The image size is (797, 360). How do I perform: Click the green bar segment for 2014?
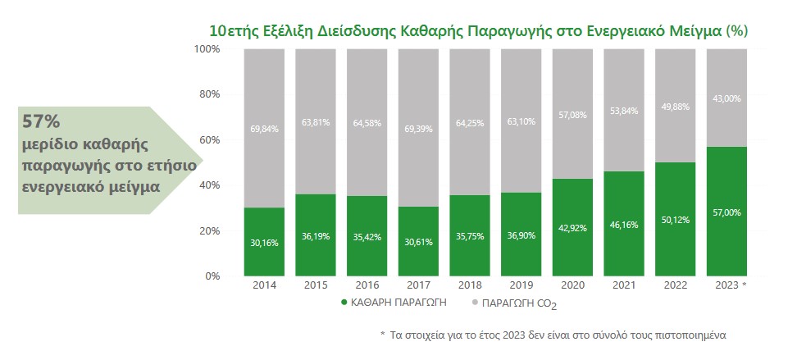(x=265, y=242)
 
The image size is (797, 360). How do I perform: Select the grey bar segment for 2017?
(x=419, y=127)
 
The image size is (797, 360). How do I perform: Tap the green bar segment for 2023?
(x=726, y=212)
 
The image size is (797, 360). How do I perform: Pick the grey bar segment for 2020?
(x=573, y=113)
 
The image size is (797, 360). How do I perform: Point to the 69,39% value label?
(x=419, y=128)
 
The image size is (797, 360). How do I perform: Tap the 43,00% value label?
(x=726, y=98)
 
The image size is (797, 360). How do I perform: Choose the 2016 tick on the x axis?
(x=367, y=285)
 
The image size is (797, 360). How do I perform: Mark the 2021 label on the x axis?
(x=624, y=285)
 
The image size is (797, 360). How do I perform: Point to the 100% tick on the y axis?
(x=207, y=49)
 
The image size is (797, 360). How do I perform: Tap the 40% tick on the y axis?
(x=209, y=185)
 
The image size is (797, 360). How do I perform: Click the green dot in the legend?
(x=344, y=303)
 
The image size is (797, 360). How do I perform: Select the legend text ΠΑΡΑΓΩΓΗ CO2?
(x=521, y=304)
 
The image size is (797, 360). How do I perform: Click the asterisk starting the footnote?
(x=382, y=335)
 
